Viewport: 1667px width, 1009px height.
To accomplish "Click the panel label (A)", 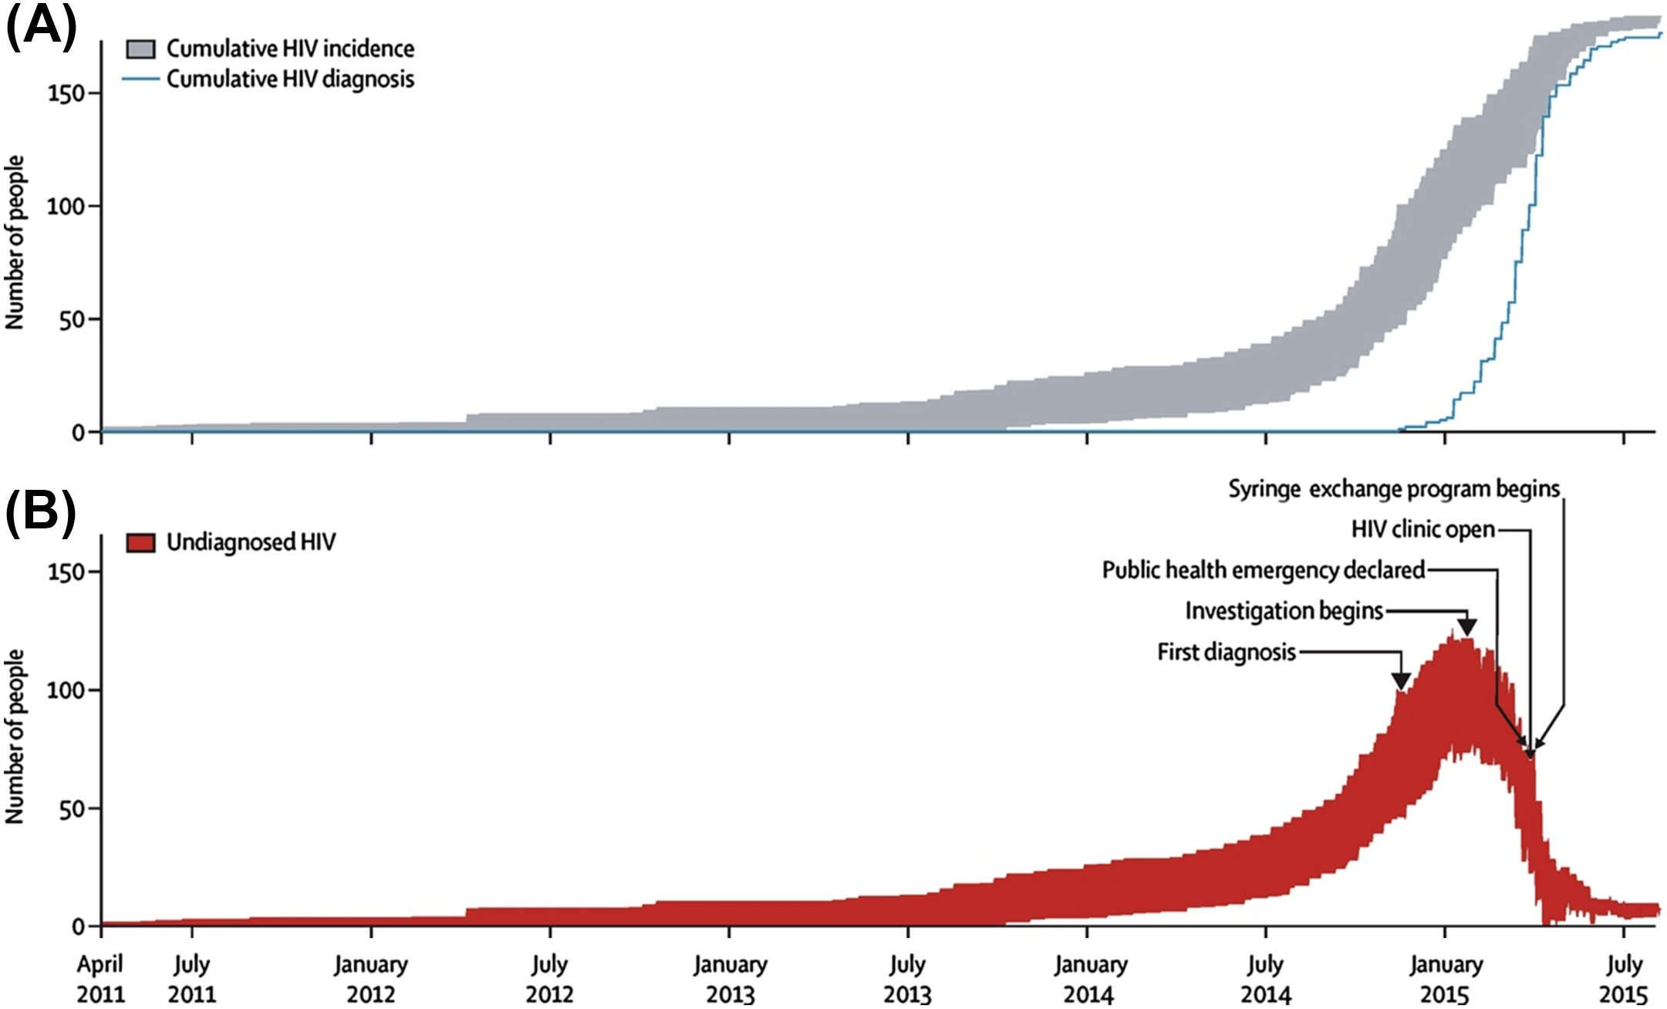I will click(41, 29).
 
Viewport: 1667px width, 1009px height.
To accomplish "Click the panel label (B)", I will click(41, 515).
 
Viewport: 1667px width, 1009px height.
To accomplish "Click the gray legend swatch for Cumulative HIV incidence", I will click(140, 49).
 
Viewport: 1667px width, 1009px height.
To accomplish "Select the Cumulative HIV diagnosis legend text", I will click(290, 79).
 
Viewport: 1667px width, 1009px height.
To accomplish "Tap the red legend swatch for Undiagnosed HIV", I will click(140, 543).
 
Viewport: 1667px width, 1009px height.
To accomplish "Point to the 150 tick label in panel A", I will click(65, 93).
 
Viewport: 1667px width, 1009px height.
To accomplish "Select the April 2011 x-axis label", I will click(100, 979).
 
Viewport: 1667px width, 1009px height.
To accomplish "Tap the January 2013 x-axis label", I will click(730, 979).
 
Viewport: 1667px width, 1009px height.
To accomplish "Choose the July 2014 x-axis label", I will click(1265, 979).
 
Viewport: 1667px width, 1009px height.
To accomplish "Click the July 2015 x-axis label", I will click(1624, 979).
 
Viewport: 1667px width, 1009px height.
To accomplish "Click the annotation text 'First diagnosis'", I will click(1227, 653).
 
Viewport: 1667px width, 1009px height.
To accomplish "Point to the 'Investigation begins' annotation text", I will click(1284, 611).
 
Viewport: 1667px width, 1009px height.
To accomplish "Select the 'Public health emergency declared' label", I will click(1263, 570).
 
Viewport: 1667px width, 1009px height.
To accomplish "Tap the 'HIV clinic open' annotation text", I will click(1422, 529).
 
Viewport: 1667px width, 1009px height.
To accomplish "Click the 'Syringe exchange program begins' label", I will click(1394, 489).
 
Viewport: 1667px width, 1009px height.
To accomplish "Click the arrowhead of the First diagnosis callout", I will click(1401, 681).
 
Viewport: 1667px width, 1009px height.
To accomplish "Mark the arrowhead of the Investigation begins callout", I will click(1466, 627).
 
